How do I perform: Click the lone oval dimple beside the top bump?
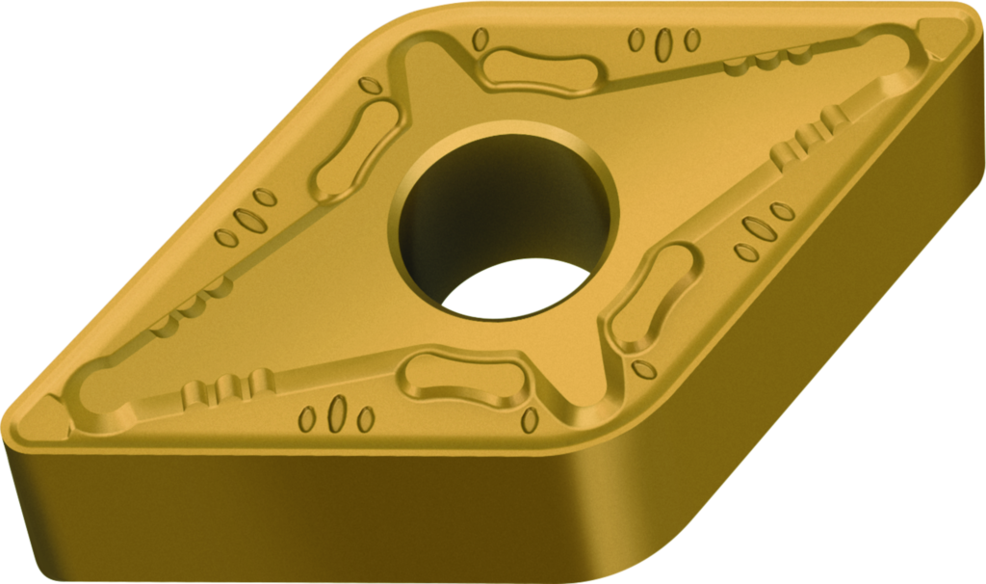(480, 40)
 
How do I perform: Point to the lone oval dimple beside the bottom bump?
(529, 420)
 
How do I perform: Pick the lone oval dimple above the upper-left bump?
(368, 85)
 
